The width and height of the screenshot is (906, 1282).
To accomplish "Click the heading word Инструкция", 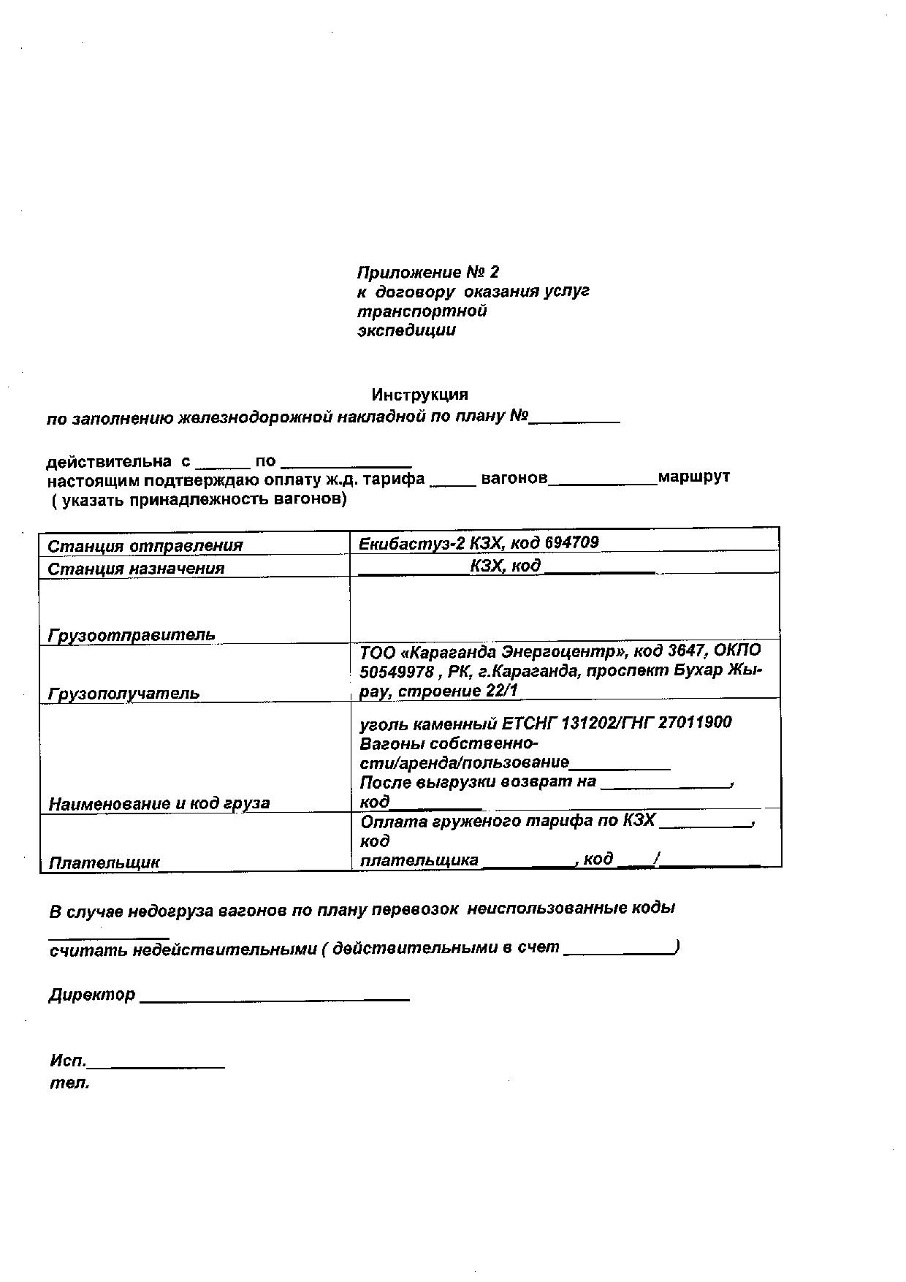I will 419,395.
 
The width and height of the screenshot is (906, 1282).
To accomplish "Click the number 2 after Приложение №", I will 494,273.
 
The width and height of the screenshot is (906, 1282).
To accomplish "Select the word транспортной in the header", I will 422,311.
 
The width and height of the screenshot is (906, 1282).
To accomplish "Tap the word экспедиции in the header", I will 406,330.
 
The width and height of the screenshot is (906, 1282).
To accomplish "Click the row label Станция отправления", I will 145,546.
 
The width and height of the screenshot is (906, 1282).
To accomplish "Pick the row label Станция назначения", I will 136,568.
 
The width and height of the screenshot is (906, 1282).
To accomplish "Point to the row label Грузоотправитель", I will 132,634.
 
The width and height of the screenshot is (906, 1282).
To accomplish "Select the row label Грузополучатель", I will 123,692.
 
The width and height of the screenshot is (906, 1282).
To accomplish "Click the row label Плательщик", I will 104,862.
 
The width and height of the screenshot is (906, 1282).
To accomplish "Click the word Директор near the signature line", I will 92,995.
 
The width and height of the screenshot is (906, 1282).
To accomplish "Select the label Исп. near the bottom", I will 68,1061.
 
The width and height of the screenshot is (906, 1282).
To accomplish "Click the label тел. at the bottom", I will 69,1083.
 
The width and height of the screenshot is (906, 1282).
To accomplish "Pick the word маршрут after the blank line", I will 693,477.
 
